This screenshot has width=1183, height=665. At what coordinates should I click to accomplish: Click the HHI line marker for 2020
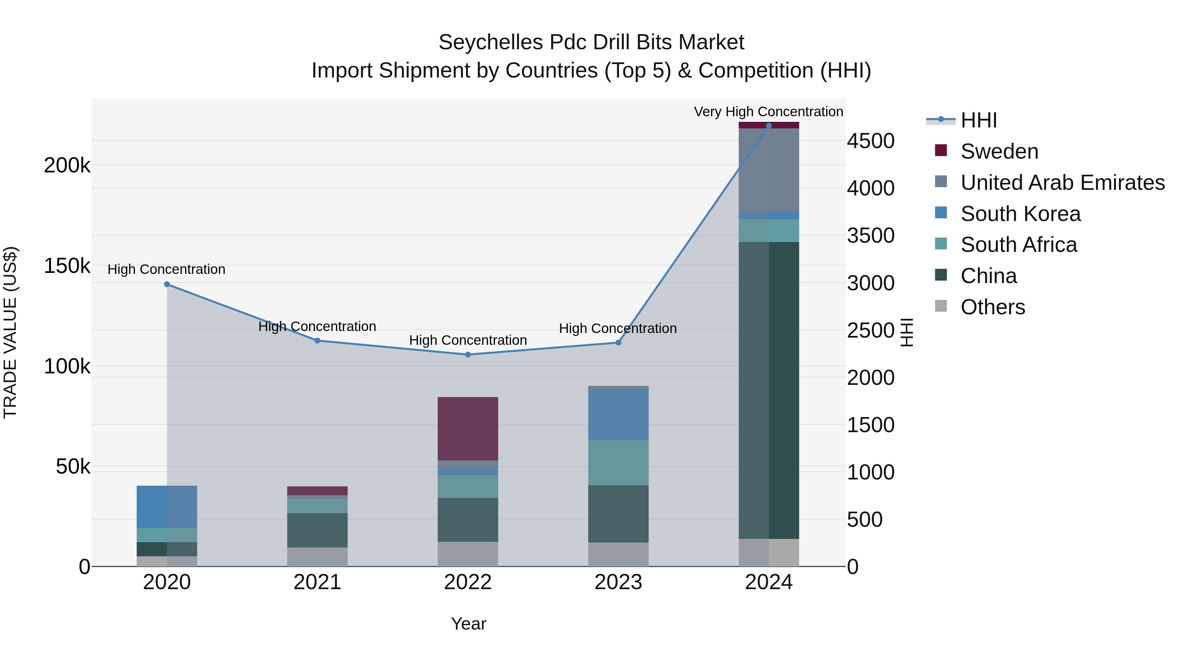tap(167, 284)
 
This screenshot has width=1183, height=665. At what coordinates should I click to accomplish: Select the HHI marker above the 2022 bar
tap(468, 355)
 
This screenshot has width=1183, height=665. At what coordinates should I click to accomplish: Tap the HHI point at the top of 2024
tap(769, 126)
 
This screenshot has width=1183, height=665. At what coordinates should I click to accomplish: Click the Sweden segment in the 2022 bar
tap(468, 428)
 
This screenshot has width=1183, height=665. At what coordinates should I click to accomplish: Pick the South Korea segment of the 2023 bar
tap(618, 414)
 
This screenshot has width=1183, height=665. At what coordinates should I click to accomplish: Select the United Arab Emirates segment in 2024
tap(769, 170)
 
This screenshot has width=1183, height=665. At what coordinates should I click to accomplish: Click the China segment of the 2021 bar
tap(317, 530)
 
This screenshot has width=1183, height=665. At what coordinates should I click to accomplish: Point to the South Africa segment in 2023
tap(618, 463)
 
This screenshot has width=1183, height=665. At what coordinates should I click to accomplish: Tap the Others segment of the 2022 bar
tap(468, 554)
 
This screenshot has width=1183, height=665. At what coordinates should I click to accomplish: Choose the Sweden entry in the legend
tap(999, 151)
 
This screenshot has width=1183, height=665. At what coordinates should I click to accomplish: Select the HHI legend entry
tap(978, 120)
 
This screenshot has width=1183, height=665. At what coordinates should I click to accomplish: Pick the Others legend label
tap(992, 307)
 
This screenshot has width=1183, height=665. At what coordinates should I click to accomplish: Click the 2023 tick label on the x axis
tap(618, 582)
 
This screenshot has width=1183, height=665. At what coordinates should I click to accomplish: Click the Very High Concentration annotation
tap(768, 112)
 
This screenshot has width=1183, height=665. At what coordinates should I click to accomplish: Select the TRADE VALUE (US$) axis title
tap(10, 332)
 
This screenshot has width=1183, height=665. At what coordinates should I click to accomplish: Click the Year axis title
tap(468, 624)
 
